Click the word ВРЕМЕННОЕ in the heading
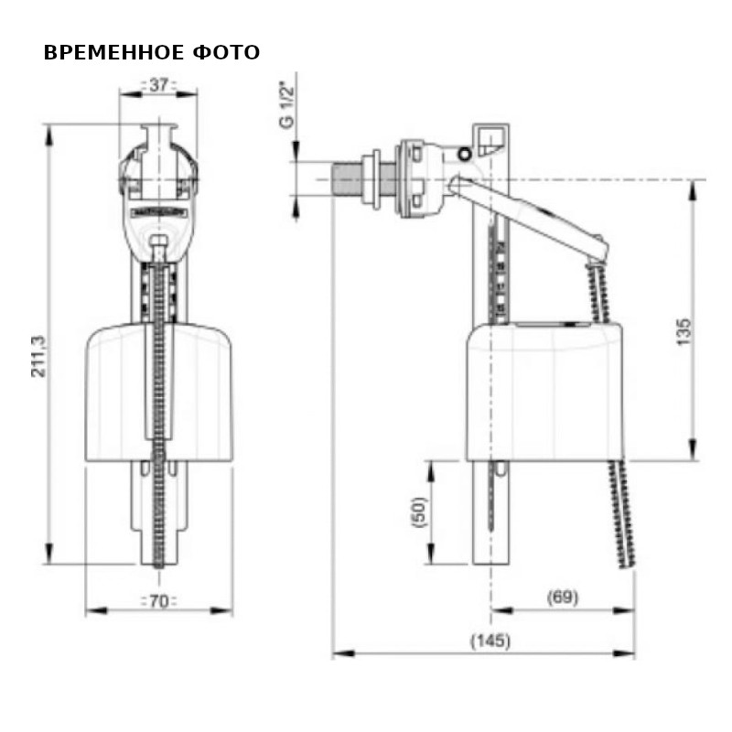[x=113, y=53]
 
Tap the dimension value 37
[x=158, y=86]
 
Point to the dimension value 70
[x=158, y=601]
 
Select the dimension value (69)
[x=562, y=597]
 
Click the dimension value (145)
[x=490, y=640]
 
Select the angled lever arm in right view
[x=531, y=210]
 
